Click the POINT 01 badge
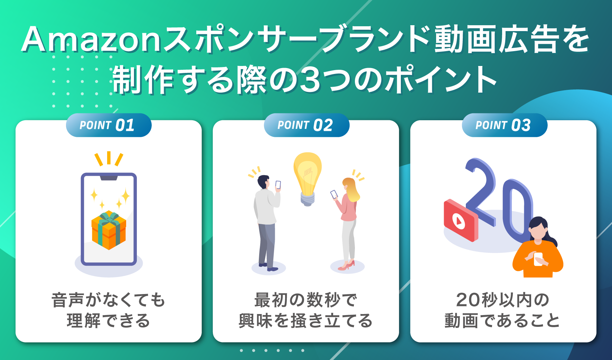(109, 125)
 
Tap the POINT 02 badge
(307, 125)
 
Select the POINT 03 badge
(505, 125)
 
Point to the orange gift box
(109, 230)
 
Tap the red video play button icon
(459, 221)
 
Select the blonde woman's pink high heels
(347, 266)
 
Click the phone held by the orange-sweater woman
(538, 259)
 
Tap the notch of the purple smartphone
(109, 178)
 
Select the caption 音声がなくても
(109, 300)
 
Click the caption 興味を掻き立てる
(306, 321)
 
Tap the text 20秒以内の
(503, 300)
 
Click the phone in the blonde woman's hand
(334, 194)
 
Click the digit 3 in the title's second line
(310, 80)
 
